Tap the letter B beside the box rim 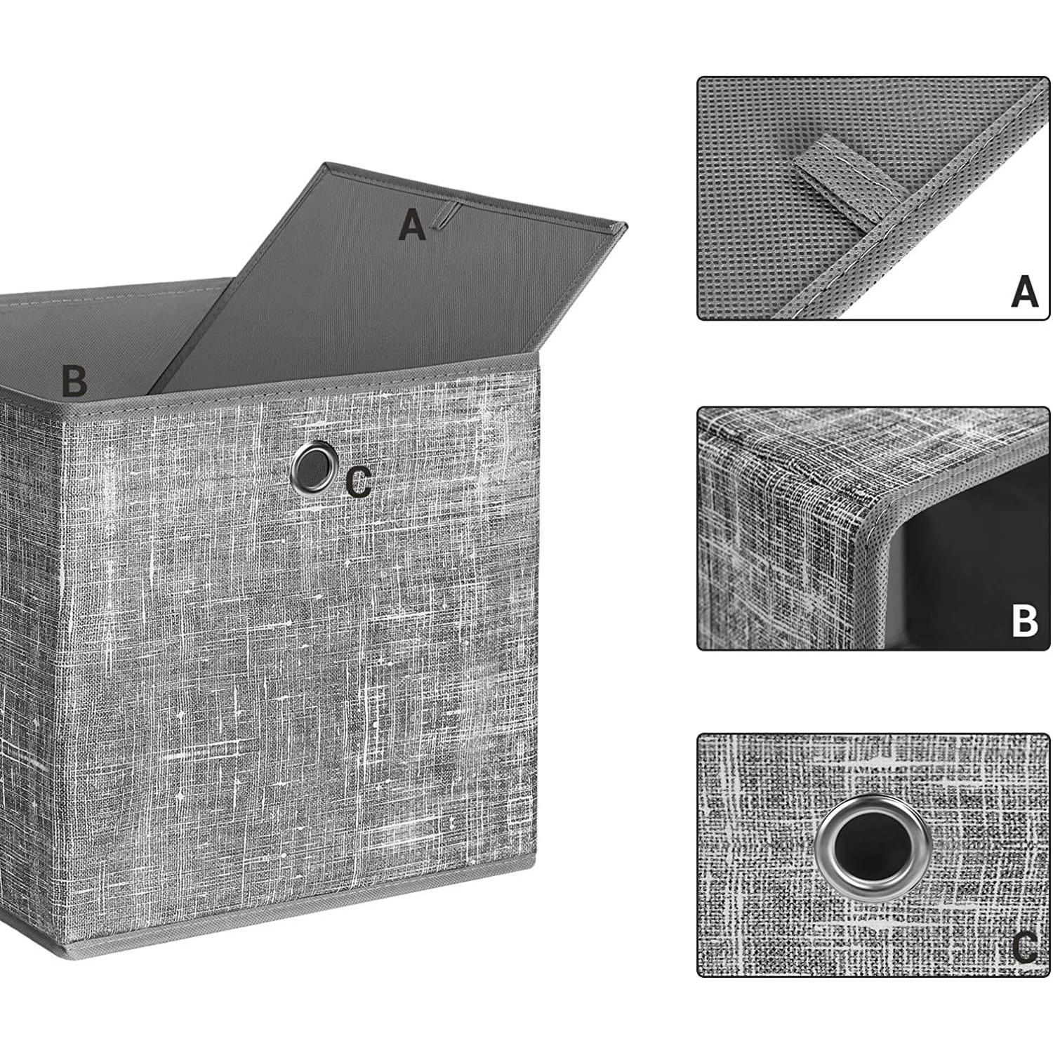(x=74, y=380)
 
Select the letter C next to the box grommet (x=359, y=484)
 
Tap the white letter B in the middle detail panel (x=1024, y=621)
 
